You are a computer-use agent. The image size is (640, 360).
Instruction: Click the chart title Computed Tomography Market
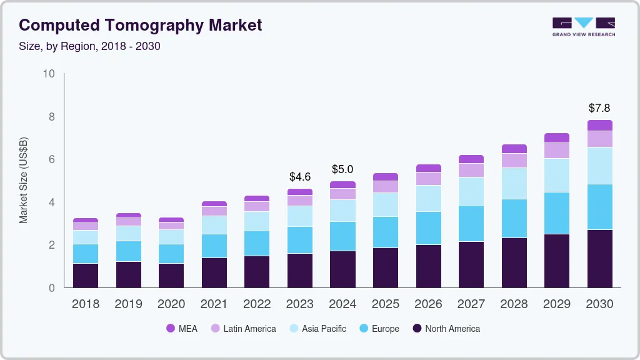[x=140, y=25]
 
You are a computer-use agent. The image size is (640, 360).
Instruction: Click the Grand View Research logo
[x=583, y=27]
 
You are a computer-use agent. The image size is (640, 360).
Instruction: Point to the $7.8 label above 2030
[x=600, y=108]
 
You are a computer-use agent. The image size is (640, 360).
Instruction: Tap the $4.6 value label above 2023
[x=300, y=177]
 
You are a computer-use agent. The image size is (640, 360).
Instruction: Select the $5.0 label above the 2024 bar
[x=342, y=169]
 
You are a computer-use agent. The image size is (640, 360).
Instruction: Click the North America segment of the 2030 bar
[x=600, y=259]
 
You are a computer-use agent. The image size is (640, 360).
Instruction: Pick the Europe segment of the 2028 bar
[x=514, y=218]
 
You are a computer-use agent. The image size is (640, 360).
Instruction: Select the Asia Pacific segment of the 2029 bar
[x=557, y=175]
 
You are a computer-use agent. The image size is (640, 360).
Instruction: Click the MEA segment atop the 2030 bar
[x=600, y=125]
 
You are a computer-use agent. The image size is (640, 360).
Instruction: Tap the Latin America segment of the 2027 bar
[x=471, y=170]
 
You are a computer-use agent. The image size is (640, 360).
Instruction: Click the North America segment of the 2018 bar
[x=86, y=275]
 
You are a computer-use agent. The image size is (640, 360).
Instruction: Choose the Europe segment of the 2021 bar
[x=214, y=246]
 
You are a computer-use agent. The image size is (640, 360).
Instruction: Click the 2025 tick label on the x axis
[x=386, y=304]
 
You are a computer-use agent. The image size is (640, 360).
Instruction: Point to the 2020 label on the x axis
[x=171, y=304]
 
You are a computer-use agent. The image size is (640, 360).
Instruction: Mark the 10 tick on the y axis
[x=49, y=74]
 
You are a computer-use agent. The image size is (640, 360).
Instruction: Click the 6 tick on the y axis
[x=52, y=159]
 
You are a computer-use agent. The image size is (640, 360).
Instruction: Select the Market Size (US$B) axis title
[x=23, y=180]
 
